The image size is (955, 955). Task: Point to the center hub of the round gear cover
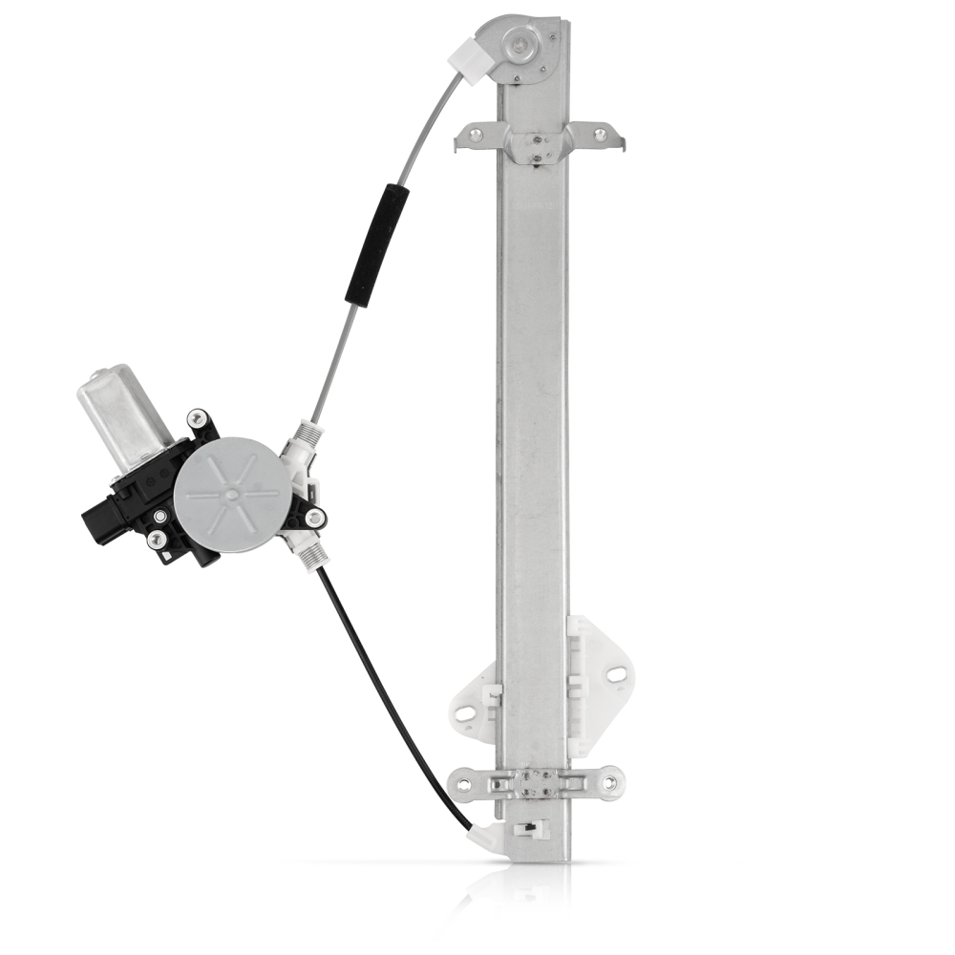[229, 495]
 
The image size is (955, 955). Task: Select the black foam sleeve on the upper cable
[377, 244]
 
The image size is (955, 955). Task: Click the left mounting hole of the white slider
[464, 713]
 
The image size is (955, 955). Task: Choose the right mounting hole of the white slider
[615, 675]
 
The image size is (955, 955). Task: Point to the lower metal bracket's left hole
[465, 783]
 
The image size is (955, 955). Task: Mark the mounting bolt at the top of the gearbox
[198, 418]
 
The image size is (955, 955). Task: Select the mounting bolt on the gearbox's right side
[314, 519]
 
